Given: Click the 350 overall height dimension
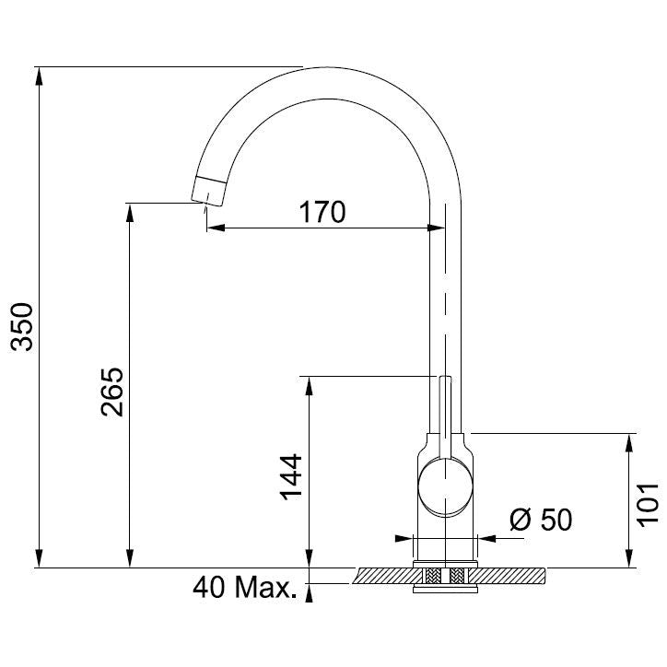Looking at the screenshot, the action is (x=22, y=327).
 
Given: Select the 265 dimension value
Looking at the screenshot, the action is (x=112, y=392).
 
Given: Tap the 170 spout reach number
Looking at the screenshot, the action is (x=322, y=212).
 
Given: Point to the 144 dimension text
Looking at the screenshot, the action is (x=291, y=477).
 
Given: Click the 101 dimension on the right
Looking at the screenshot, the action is (x=648, y=505).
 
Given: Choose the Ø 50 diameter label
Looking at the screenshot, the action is (x=541, y=520).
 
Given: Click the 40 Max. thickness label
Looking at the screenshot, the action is (x=244, y=588).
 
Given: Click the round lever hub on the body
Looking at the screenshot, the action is (x=445, y=486).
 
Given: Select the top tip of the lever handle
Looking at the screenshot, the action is (x=445, y=377).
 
